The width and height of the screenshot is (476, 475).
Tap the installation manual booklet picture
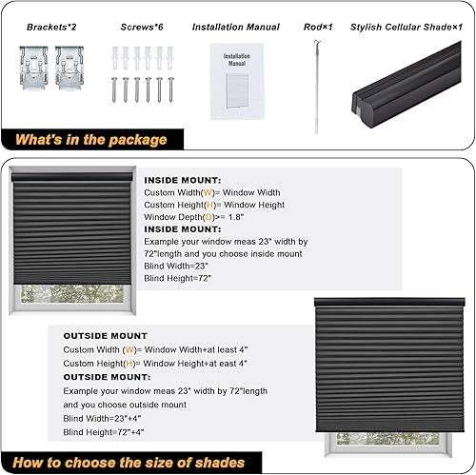pyautogui.click(x=235, y=84)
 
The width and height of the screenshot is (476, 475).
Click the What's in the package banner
pyautogui.click(x=91, y=140)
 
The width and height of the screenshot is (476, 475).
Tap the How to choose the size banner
pyautogui.click(x=129, y=463)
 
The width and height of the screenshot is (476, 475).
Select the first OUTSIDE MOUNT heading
pyautogui.click(x=106, y=336)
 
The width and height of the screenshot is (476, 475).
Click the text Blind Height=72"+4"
pyautogui.click(x=99, y=433)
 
